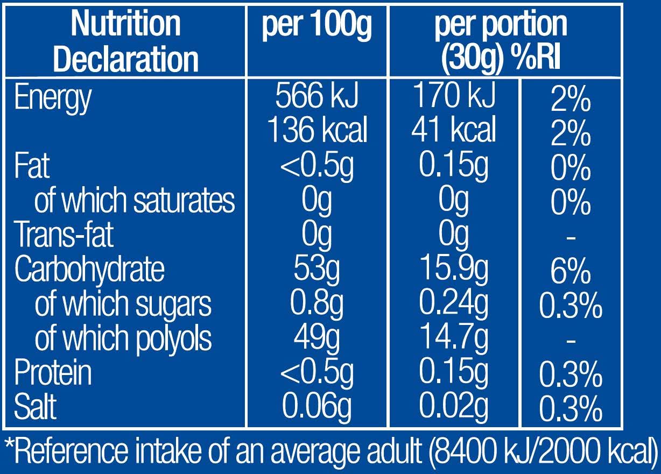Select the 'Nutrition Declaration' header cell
tap(125, 41)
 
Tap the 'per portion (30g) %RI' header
tap(501, 41)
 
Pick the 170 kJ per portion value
tap(454, 96)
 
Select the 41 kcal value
tap(454, 130)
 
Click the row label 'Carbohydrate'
tap(89, 269)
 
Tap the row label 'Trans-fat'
tap(64, 235)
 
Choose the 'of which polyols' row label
tap(123, 338)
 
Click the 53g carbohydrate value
tap(317, 269)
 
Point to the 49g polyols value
tap(317, 338)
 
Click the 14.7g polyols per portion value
tap(454, 337)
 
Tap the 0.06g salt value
tap(317, 408)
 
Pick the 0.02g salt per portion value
tap(454, 407)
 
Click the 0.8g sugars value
tap(317, 304)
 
